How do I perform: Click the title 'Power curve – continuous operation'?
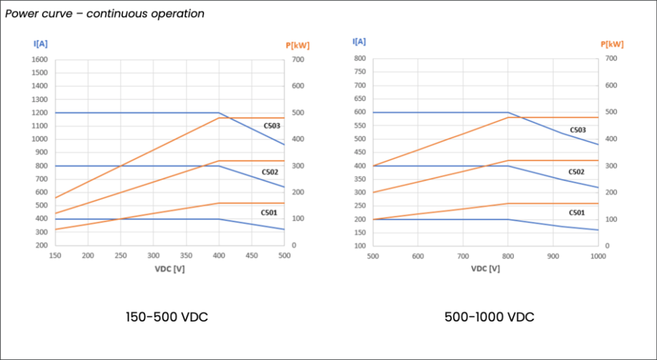[x=105, y=13]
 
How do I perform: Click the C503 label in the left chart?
[x=271, y=126]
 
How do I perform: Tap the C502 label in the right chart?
[x=577, y=172]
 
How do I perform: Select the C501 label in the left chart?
[x=269, y=212]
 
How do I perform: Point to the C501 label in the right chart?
[x=577, y=212]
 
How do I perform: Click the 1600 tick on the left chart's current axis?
[x=39, y=60]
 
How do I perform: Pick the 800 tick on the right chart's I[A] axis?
[x=361, y=58]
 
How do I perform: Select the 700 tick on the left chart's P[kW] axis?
[x=298, y=60]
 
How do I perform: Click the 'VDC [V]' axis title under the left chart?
[x=170, y=268]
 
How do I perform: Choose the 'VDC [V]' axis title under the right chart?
[x=486, y=268]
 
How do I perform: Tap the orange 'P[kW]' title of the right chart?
[x=612, y=44]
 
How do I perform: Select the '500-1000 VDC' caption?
[x=490, y=317]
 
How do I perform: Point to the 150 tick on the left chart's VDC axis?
[x=55, y=255]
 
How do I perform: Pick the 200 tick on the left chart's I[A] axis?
[x=41, y=246]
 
